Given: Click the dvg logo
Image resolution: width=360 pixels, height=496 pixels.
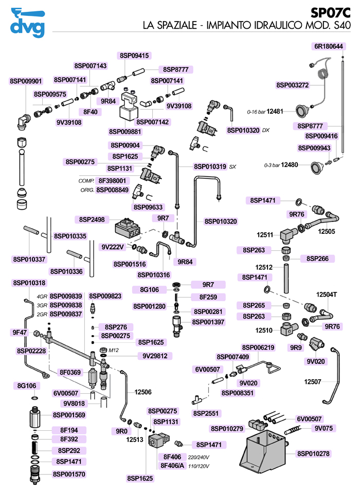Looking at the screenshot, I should [x=27, y=24].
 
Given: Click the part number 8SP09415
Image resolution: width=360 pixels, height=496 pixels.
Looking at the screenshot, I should [x=134, y=56].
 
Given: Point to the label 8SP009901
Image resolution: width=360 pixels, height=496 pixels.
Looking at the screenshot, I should [x=26, y=81].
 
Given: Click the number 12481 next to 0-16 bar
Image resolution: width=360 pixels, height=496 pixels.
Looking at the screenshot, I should [x=276, y=112].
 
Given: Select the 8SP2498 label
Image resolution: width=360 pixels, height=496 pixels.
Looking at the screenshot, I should [x=92, y=219].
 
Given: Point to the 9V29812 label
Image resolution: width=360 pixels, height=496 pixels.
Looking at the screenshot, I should [x=155, y=356].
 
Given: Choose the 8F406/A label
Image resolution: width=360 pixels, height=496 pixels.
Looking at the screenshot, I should [x=171, y=466].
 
